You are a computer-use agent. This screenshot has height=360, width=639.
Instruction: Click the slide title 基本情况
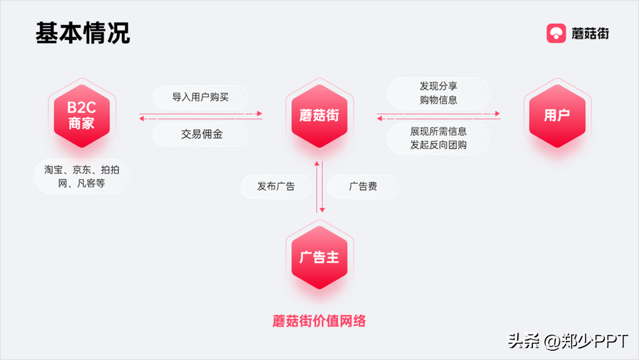click(x=82, y=33)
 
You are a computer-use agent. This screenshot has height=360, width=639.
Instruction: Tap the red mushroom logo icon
click(x=556, y=33)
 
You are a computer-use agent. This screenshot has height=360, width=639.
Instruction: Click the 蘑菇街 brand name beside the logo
click(x=590, y=33)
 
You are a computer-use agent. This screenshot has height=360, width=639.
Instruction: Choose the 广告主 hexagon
click(x=320, y=257)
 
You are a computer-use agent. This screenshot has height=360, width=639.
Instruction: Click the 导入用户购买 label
click(x=200, y=97)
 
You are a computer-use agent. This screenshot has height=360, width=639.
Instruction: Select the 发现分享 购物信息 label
click(x=439, y=93)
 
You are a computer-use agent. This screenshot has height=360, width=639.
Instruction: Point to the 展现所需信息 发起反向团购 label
click(x=439, y=138)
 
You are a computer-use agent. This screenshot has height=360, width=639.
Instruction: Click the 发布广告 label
click(x=276, y=186)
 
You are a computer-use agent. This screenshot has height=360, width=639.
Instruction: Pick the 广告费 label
click(x=363, y=186)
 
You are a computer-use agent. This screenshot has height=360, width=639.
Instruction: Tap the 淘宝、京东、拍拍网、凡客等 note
click(x=81, y=176)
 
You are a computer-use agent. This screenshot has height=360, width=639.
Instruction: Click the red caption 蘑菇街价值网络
click(x=320, y=321)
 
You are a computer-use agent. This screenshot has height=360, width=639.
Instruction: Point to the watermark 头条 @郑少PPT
click(x=568, y=341)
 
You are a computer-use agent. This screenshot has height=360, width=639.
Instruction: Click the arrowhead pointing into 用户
click(x=497, y=113)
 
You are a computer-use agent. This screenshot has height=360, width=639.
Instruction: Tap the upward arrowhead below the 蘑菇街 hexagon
click(x=317, y=164)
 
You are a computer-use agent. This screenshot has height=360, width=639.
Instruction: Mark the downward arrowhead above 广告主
click(x=323, y=210)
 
